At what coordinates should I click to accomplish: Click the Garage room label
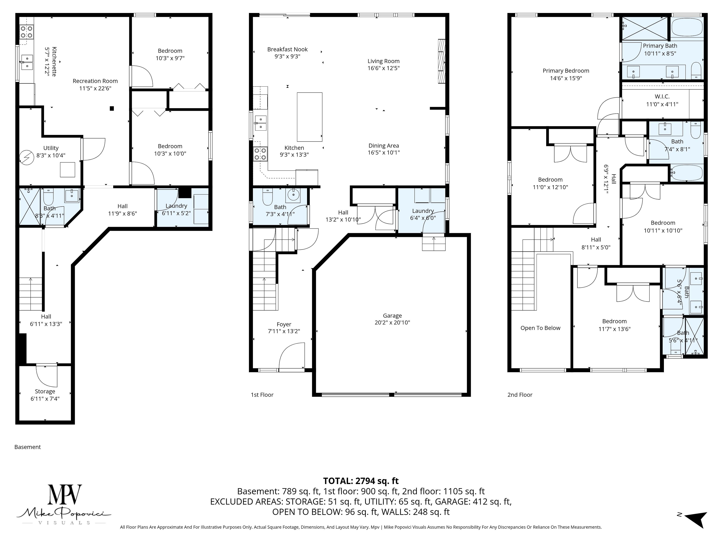(x=392, y=316)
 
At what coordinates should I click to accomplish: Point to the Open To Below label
(x=540, y=328)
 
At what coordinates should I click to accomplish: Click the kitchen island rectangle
(x=309, y=117)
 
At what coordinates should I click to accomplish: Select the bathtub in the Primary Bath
(x=687, y=27)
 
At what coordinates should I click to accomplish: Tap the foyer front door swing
(x=291, y=356)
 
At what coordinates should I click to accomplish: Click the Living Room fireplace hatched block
(x=441, y=61)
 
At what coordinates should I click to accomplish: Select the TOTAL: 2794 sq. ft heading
(x=361, y=481)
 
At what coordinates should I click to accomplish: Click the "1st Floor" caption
(x=262, y=395)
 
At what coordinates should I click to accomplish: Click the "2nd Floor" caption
(x=520, y=395)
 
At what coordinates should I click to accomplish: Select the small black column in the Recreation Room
(x=112, y=108)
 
